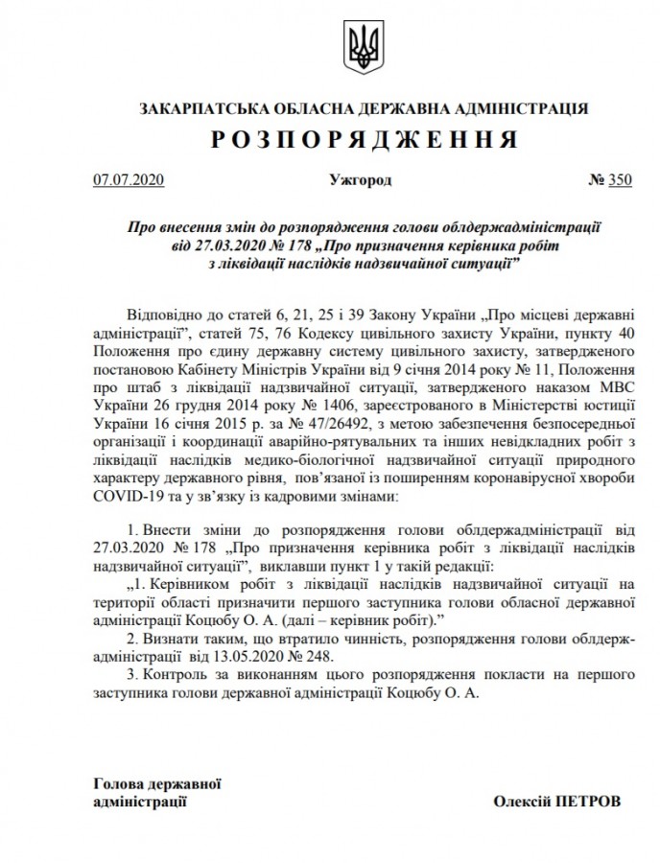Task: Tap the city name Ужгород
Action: [360, 179]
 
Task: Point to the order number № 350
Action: [610, 179]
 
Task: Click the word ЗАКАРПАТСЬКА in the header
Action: [196, 107]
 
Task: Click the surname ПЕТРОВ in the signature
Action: [587, 799]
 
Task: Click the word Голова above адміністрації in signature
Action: [118, 781]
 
